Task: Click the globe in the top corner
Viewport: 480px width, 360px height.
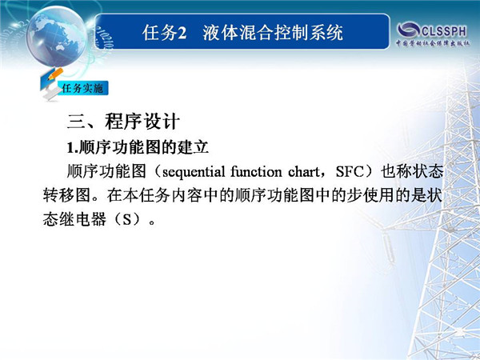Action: pos(56,36)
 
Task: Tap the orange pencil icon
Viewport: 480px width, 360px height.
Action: pos(55,74)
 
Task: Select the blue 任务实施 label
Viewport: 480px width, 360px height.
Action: pos(82,89)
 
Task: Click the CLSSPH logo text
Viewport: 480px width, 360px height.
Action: pos(443,30)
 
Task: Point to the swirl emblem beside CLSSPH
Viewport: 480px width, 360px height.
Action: pos(409,30)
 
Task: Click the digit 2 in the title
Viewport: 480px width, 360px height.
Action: pos(182,33)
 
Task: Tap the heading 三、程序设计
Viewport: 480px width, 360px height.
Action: pos(123,122)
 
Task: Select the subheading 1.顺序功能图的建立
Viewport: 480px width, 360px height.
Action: pos(138,148)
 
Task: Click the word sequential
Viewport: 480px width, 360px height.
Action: pos(194,172)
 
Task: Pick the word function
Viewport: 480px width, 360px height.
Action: pos(256,171)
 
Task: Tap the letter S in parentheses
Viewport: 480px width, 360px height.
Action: pos(126,219)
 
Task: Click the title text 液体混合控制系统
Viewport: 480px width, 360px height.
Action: pos(273,33)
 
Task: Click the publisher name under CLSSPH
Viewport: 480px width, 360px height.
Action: pos(433,43)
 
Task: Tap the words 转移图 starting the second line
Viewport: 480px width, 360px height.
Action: pos(66,196)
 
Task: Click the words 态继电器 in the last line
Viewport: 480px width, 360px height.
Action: pos(74,219)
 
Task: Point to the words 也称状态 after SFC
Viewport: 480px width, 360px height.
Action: pos(412,172)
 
